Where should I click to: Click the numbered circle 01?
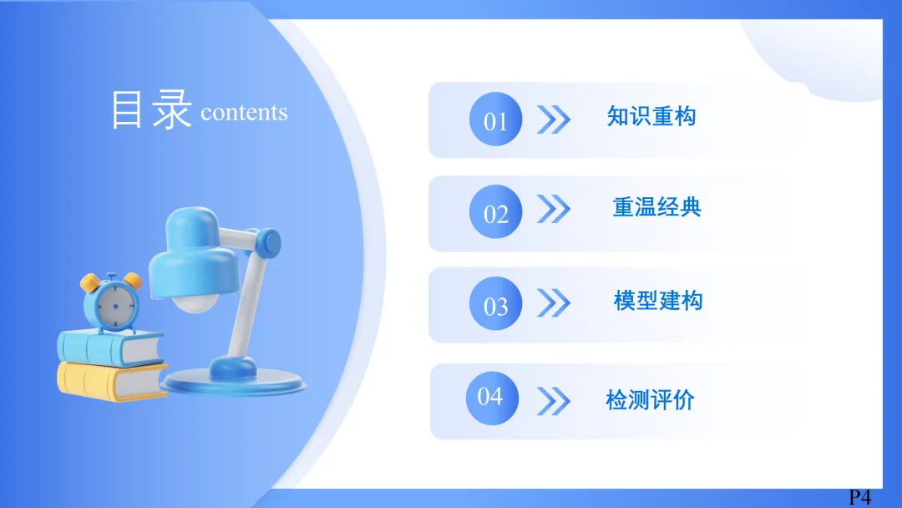tap(495, 119)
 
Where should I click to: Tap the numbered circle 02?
tap(495, 211)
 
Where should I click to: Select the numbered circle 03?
tap(495, 304)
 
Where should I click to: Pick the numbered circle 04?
tap(493, 398)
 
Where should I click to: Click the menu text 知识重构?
tap(651, 116)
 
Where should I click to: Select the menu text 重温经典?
tap(657, 207)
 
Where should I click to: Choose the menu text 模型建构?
tap(658, 300)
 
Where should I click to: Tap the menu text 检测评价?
tap(650, 400)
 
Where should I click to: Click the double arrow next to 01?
tap(554, 119)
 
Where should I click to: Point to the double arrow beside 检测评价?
tap(554, 401)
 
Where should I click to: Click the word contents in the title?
tap(244, 113)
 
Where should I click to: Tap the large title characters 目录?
tap(150, 109)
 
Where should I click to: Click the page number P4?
tap(860, 497)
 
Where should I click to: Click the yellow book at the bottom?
tap(112, 381)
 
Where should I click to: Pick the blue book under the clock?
tap(110, 348)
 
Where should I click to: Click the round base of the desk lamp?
tap(233, 382)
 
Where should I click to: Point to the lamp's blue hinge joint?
tap(267, 243)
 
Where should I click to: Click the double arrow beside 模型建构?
tap(554, 303)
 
